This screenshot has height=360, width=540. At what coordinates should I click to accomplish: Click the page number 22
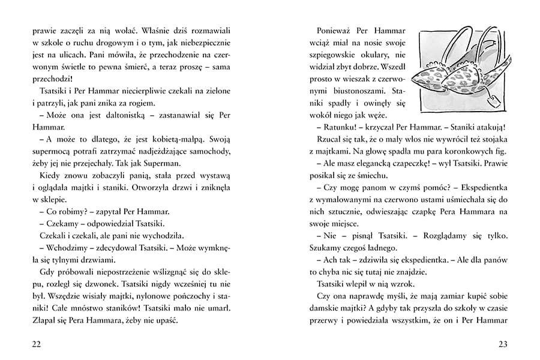[37, 343]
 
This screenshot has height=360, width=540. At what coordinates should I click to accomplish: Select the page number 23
[502, 343]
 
